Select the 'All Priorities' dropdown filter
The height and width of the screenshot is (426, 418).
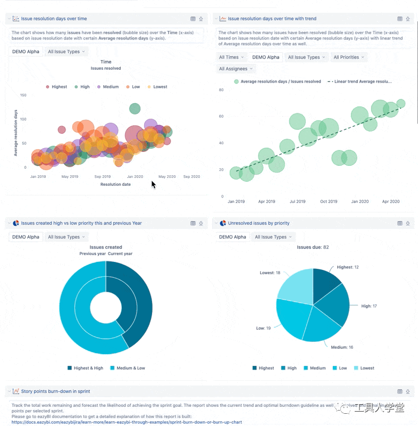point(348,57)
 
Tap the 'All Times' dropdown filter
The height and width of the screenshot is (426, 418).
point(231,57)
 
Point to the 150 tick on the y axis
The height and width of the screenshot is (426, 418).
point(23,95)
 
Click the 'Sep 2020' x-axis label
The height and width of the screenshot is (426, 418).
point(191,176)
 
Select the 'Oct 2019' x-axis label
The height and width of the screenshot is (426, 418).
point(329,202)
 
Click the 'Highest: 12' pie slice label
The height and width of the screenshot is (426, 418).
point(348,267)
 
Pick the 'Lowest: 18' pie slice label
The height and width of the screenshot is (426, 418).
point(270,273)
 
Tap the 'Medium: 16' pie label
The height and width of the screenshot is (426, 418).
point(342,347)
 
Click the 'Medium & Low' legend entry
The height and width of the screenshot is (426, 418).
point(130,368)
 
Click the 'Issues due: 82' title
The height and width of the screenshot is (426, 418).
point(313,248)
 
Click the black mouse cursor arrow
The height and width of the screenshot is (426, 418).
point(153,184)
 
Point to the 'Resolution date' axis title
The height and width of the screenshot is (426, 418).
point(115,184)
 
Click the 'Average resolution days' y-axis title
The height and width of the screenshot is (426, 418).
point(16,133)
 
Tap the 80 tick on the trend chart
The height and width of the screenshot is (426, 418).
point(221,89)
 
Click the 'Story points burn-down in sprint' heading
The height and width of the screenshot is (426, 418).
point(55,391)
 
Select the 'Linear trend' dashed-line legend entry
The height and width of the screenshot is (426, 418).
point(362,81)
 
